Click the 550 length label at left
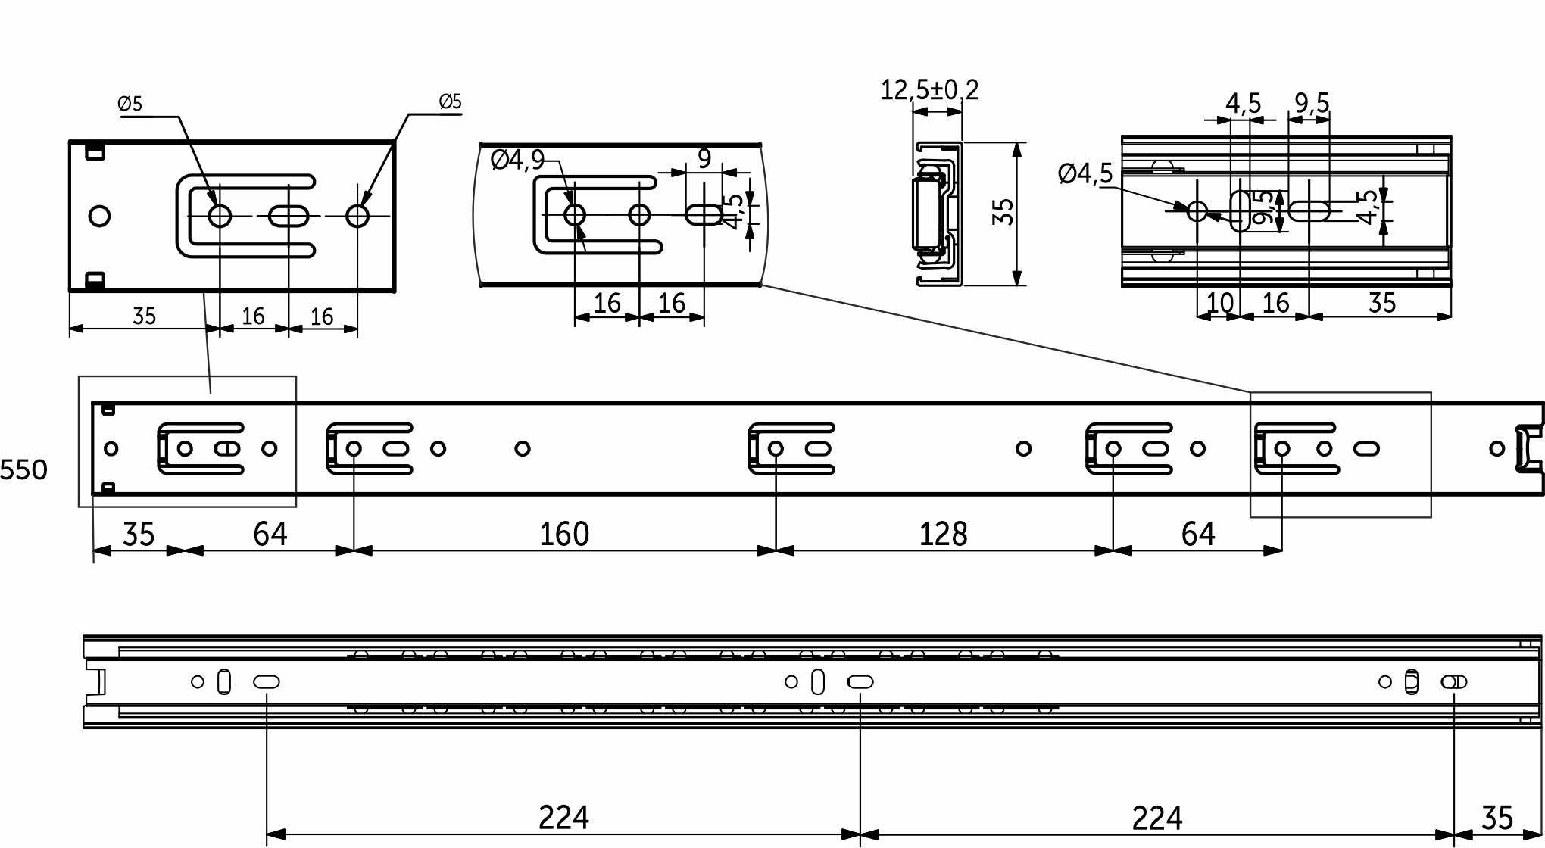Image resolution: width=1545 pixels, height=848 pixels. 23,470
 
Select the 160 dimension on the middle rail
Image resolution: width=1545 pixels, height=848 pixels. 563,535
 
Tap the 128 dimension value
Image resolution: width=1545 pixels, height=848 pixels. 943,535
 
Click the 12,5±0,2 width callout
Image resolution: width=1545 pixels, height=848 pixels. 929,90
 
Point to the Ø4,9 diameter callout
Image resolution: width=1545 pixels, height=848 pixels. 517,160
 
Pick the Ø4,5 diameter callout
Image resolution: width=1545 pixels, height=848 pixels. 1085,174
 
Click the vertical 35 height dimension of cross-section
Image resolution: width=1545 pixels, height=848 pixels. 1003,212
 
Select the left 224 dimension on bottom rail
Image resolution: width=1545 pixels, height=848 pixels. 563,818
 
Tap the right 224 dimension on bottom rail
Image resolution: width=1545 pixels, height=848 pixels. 1156,818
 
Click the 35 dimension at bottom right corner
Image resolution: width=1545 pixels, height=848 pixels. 1497,818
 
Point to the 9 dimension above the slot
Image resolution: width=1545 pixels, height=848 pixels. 704,159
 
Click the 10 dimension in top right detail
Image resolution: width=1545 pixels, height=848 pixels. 1219,303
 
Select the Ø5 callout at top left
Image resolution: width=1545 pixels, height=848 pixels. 130,104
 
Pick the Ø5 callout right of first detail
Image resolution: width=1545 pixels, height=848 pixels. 450,101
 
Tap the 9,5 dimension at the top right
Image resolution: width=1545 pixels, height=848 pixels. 1312,102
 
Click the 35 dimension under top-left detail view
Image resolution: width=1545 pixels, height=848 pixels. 144,316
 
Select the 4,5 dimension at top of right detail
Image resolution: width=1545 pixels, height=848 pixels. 1243,102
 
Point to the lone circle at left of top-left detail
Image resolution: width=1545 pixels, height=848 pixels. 99,217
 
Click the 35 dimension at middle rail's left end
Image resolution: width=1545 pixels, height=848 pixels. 139,535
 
